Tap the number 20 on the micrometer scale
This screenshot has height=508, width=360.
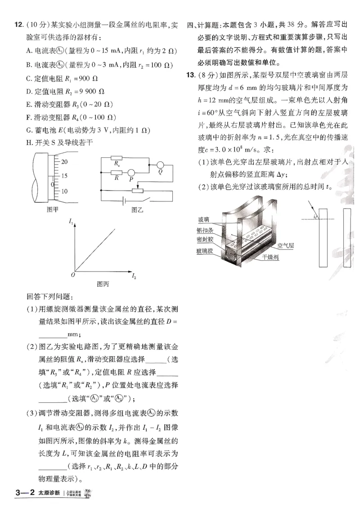point(64,161)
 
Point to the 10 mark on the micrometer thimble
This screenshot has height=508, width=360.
point(64,191)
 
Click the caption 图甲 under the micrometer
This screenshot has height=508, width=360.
point(53,209)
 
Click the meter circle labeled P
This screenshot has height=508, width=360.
point(131,173)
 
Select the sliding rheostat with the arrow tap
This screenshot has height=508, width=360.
point(136,190)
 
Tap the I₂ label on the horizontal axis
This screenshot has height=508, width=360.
point(134,275)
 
